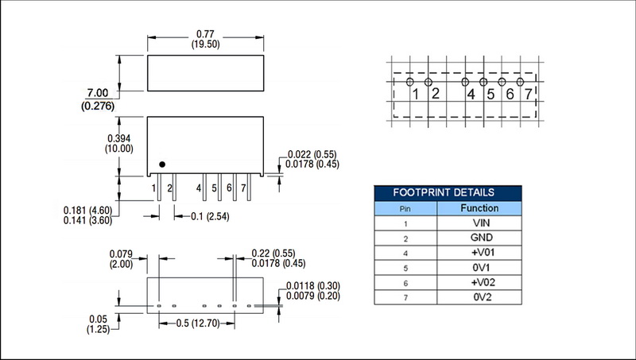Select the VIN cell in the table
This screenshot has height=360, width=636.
coord(479,223)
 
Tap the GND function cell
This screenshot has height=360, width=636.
coord(479,238)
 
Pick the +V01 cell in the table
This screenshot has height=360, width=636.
coord(479,252)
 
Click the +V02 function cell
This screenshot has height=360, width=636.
coord(479,281)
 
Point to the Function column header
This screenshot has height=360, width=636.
coord(479,208)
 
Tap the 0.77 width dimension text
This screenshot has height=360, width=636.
coord(205,35)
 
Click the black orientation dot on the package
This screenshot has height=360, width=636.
coord(162,165)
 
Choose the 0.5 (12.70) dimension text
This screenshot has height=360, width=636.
coord(197,324)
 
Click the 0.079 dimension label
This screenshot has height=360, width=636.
coord(118,255)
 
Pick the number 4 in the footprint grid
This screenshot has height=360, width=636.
coord(471,95)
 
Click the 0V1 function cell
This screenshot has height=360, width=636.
coord(479,267)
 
